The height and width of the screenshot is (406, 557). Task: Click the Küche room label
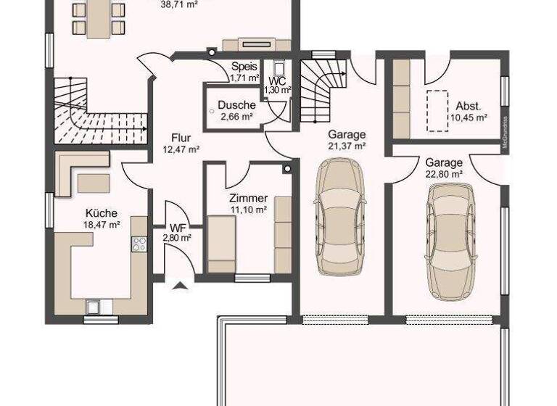(x=101, y=214)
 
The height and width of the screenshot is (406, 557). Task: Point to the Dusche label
(x=236, y=105)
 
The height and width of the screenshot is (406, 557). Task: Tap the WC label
(x=276, y=80)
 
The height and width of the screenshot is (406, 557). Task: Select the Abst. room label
(x=468, y=104)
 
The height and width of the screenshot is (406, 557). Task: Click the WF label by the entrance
(x=176, y=228)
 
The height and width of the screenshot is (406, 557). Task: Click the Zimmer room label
(x=248, y=198)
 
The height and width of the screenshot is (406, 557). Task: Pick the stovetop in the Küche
(x=139, y=244)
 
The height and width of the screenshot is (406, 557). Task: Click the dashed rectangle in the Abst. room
(x=437, y=110)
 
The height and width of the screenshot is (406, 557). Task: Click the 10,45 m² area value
(x=468, y=117)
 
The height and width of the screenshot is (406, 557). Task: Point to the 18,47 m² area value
(x=102, y=225)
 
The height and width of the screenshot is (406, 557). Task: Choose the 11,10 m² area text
(x=248, y=210)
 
